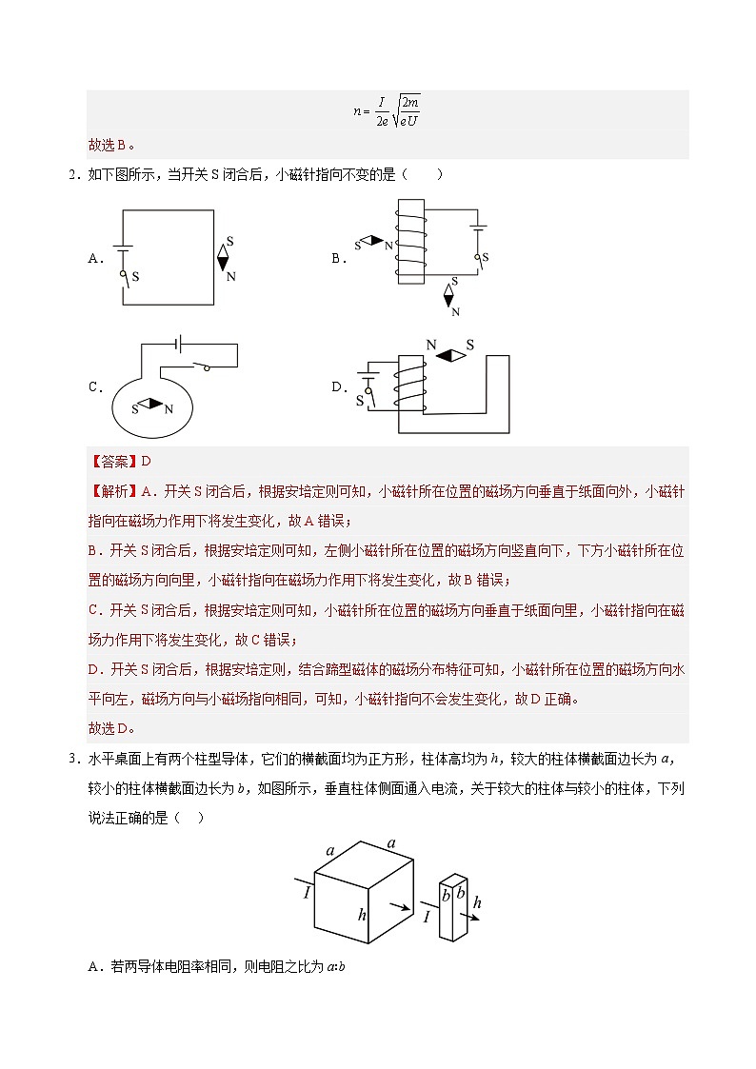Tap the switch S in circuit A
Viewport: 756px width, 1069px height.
tap(123, 276)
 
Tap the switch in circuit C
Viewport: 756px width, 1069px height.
tap(203, 366)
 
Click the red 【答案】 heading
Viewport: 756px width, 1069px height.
tap(113, 462)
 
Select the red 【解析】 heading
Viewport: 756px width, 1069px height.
tap(113, 492)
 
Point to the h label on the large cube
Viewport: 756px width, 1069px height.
tap(362, 915)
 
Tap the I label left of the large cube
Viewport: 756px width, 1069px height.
tap(307, 894)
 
